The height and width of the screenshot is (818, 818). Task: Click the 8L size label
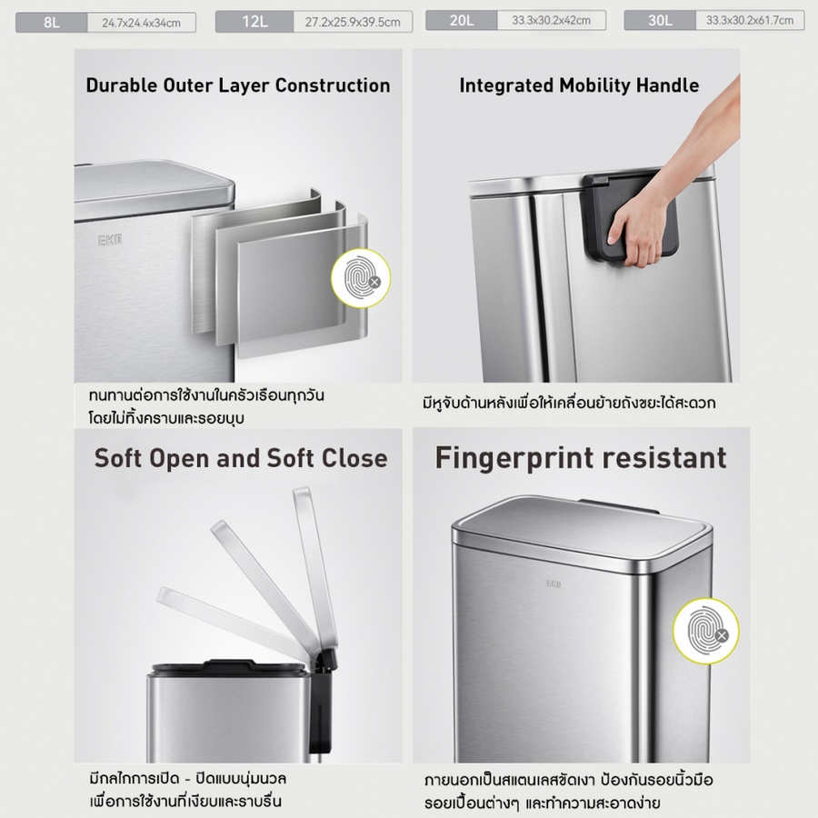coord(52,23)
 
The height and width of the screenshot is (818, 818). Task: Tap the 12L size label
coord(254,22)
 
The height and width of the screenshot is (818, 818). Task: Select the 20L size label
coord(462,20)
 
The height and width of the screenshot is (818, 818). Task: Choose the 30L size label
coord(660,20)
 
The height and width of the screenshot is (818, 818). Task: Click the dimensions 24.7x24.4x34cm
coord(142,23)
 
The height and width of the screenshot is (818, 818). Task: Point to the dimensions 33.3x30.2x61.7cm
coord(750,20)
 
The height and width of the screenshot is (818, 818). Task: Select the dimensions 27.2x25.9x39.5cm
coord(353,23)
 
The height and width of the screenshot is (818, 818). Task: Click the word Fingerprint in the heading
coord(515,459)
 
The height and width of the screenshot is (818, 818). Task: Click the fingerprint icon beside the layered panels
coord(361,278)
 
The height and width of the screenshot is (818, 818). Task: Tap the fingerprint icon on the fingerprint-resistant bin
coord(706,631)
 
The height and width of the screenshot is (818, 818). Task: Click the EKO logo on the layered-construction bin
coord(110,241)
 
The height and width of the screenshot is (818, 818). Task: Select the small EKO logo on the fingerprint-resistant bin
coord(554,584)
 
